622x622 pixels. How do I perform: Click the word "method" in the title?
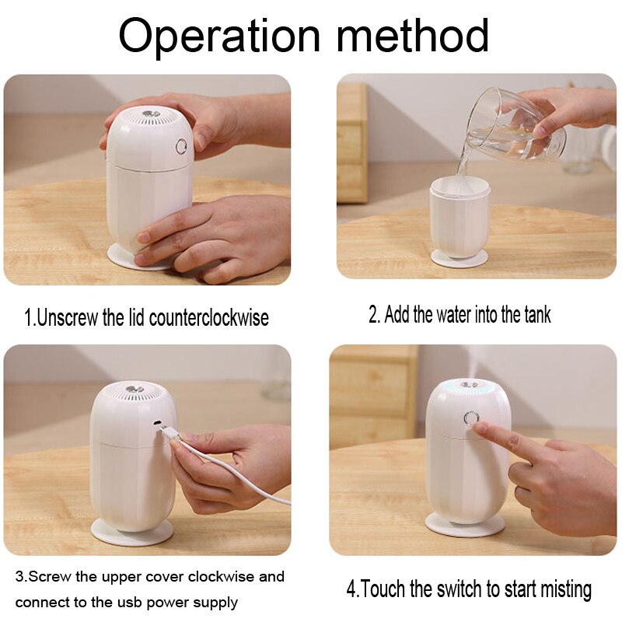[411, 36]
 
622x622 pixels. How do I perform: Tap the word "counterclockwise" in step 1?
[209, 318]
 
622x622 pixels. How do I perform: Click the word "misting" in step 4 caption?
[557, 589]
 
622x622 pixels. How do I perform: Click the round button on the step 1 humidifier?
[183, 146]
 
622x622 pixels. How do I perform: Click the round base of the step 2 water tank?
[460, 259]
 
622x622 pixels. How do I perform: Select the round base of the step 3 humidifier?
[132, 531]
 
